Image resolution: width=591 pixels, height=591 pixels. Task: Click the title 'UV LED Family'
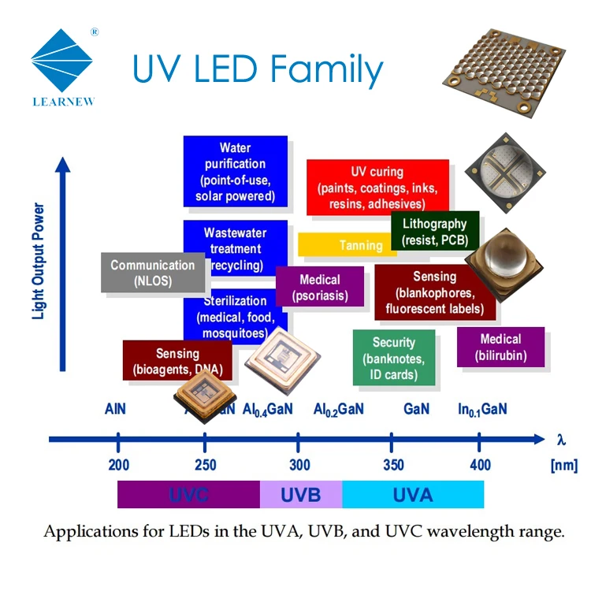click(x=258, y=70)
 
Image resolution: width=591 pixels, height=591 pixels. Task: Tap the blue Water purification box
click(x=235, y=172)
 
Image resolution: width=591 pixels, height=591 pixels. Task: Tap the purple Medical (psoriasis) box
click(x=320, y=288)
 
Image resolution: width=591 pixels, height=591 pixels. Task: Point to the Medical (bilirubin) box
click(x=500, y=348)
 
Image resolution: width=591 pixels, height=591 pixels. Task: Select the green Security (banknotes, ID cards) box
click(x=393, y=358)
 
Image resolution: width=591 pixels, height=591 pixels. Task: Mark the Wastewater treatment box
click(x=235, y=248)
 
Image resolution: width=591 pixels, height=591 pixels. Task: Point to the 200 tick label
click(x=118, y=465)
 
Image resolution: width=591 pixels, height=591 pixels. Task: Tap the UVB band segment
click(x=301, y=494)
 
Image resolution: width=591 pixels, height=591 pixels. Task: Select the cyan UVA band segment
click(x=413, y=494)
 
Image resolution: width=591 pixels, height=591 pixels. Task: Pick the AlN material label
click(x=115, y=410)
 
